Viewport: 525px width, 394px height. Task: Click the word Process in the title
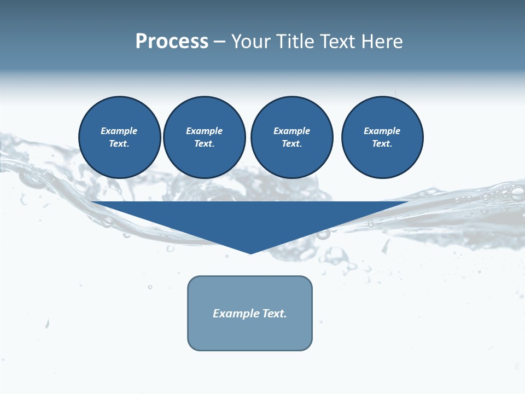[172, 42]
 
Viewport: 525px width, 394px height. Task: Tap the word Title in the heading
[293, 42]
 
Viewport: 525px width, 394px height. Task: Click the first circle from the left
[120, 137]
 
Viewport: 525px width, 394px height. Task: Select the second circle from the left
[205, 137]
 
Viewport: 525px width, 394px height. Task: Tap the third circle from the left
[292, 137]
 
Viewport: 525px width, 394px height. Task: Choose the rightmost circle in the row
[382, 137]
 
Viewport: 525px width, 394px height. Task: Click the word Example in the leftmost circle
[119, 131]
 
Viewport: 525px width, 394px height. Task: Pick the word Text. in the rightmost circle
[382, 144]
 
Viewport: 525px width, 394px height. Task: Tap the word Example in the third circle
[292, 131]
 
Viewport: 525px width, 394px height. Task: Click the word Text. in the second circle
[205, 144]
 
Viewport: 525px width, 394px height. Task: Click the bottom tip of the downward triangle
[250, 253]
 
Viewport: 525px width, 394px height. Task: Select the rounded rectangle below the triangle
[250, 334]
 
